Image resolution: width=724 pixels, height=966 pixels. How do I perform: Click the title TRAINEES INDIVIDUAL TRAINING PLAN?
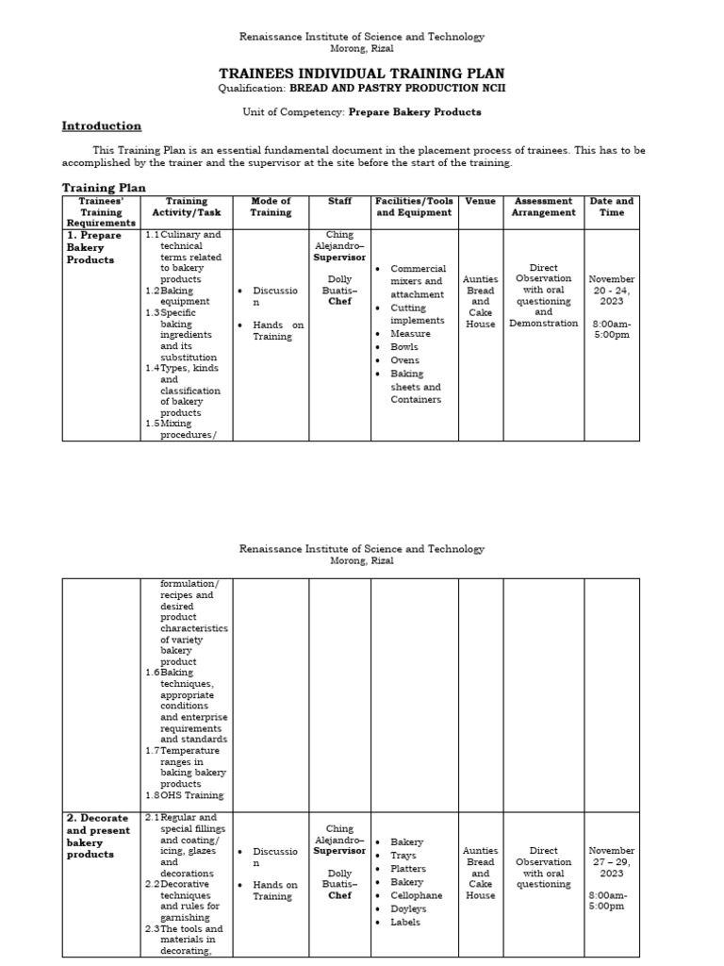362,73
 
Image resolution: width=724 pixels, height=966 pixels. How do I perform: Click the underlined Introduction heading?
102,126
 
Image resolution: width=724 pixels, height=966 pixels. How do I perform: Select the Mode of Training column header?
271,207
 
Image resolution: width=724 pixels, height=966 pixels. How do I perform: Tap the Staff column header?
339,201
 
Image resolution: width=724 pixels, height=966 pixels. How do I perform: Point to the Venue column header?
480,201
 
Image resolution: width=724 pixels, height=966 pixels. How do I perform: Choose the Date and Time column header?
611,207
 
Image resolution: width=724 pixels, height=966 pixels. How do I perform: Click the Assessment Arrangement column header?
543,207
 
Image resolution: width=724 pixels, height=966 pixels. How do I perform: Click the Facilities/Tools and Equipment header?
414,207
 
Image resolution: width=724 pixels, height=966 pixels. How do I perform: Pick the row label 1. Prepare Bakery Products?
94,247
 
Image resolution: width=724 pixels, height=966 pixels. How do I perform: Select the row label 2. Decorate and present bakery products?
99,836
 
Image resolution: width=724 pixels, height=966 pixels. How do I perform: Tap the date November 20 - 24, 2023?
611,291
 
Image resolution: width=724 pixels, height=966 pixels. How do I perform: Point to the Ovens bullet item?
405,360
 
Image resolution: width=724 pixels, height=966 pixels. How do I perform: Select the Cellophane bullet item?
416,895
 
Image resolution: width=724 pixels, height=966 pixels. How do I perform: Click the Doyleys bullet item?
408,908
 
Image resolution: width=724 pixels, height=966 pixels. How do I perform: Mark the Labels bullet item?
405,922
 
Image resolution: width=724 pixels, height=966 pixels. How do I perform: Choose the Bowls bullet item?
404,347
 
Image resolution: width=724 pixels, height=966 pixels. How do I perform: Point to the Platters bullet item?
408,869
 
